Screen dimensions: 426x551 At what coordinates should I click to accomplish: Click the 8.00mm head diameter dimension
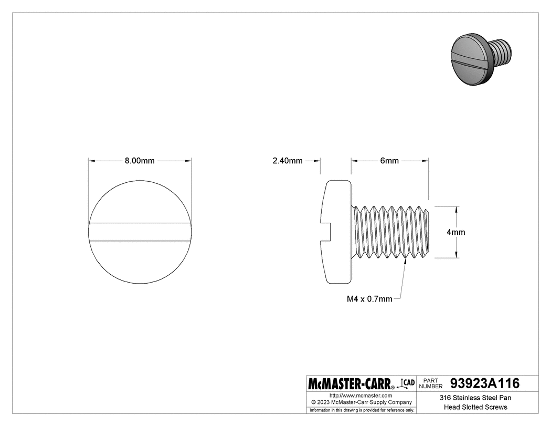(x=140, y=161)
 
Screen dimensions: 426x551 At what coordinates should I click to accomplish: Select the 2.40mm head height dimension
(x=288, y=161)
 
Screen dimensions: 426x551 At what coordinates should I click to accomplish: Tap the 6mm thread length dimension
(x=389, y=161)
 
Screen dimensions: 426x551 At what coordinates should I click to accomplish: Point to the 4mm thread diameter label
(x=456, y=232)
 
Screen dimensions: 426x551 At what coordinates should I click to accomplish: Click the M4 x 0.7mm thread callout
(x=369, y=299)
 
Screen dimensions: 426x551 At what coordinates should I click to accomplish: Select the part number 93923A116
(x=484, y=383)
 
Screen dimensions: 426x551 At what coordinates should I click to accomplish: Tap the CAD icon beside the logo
(x=407, y=383)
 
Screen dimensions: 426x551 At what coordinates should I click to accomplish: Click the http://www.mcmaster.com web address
(x=361, y=395)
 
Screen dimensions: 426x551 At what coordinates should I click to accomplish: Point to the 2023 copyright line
(x=361, y=402)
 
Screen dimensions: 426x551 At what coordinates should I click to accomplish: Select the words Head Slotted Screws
(x=475, y=407)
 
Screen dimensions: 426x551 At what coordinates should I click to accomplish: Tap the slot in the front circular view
(x=140, y=232)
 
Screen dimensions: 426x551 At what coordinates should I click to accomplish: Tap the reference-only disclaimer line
(x=361, y=410)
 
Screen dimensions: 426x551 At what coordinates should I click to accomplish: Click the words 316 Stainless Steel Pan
(x=475, y=398)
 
